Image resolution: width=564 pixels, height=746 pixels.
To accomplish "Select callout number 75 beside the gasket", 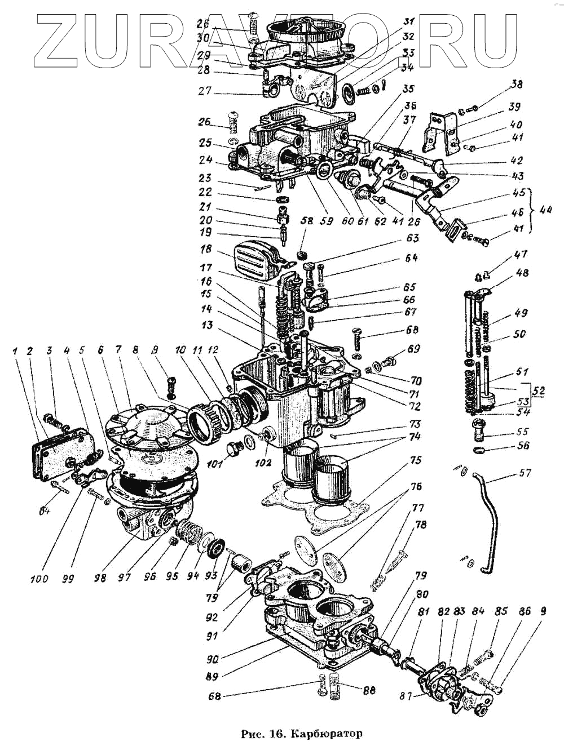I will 415,460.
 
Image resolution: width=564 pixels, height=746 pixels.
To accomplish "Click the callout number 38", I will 516,86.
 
